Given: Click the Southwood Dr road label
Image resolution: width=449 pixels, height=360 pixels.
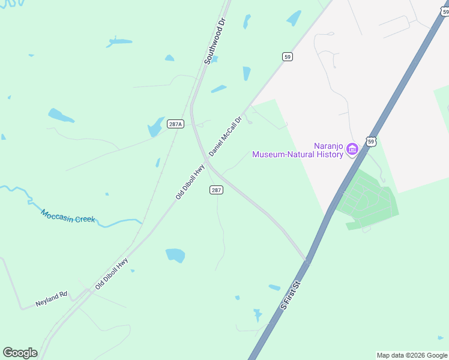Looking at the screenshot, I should point(214,41).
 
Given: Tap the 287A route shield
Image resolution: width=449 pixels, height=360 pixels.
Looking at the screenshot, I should point(175,124).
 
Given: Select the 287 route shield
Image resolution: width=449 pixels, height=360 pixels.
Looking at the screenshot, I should point(217,190).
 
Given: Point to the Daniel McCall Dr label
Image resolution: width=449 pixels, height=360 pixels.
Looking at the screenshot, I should point(225,137).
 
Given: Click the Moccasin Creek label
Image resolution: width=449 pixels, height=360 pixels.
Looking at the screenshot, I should point(68,216).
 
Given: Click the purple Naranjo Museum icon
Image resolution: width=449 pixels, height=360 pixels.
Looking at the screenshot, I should point(352,149).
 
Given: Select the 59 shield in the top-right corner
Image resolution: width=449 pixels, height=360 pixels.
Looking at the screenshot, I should point(443,11).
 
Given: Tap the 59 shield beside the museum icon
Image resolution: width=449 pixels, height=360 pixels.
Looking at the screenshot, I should point(372,142).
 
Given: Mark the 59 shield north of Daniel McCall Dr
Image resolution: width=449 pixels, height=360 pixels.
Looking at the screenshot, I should point(288,56).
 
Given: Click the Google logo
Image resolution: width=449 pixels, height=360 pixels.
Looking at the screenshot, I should point(20,353).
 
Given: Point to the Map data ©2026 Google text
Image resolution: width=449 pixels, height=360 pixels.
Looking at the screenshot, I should point(412,355).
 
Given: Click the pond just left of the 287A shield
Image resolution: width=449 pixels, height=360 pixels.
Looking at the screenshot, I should point(155,127).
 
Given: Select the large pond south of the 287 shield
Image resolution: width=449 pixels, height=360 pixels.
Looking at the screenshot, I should point(175,255).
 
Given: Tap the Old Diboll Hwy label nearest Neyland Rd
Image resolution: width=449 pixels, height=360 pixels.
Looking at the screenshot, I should point(112,274).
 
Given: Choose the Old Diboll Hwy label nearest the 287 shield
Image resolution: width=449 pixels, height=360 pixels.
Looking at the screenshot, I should point(190,182).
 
